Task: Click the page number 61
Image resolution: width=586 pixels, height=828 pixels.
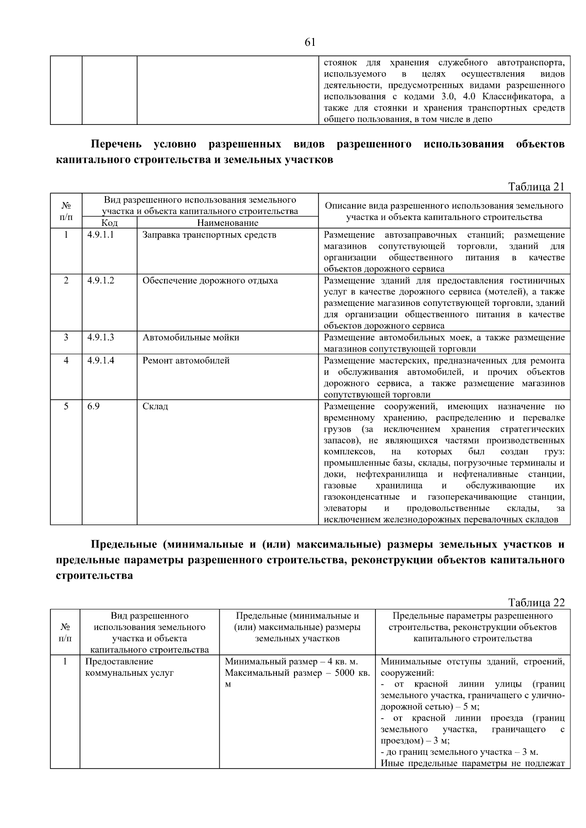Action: click(x=310, y=42)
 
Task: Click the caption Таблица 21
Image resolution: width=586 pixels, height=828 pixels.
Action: click(x=536, y=187)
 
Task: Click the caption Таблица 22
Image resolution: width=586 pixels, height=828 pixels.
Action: click(x=536, y=603)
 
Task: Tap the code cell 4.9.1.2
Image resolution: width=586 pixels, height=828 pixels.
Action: click(x=101, y=281)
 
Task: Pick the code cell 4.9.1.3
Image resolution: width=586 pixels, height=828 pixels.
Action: click(x=101, y=338)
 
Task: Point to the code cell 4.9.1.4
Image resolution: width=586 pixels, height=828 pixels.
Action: click(x=101, y=361)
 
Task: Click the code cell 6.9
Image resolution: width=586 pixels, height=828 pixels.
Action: click(x=94, y=406)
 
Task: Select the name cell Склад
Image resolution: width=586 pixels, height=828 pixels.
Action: click(x=155, y=406)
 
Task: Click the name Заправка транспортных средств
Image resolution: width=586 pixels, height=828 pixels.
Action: click(x=209, y=235)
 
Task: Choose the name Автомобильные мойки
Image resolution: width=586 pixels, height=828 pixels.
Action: click(x=191, y=338)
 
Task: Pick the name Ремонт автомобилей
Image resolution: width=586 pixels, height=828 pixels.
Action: click(x=186, y=361)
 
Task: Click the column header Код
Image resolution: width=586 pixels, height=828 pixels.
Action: click(x=109, y=223)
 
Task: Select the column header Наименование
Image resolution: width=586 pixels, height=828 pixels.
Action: click(x=228, y=223)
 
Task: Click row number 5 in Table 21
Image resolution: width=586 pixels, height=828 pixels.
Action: click(x=66, y=406)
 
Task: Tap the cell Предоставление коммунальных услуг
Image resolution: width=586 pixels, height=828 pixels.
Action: click(x=129, y=667)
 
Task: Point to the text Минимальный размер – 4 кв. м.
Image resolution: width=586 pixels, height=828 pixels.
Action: click(x=292, y=662)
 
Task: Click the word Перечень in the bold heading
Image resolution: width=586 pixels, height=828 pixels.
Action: click(x=116, y=144)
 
